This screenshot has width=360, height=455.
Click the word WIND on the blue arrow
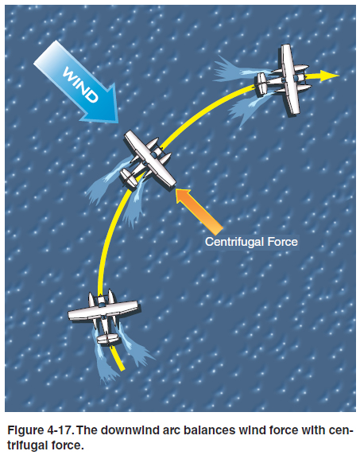click(x=80, y=84)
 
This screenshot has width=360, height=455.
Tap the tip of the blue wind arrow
click(x=118, y=122)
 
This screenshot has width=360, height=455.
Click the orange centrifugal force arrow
click(x=199, y=211)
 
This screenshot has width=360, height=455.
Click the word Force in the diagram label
click(x=282, y=242)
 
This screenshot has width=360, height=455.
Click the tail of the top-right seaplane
click(x=261, y=84)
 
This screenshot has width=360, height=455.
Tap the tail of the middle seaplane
click(x=128, y=177)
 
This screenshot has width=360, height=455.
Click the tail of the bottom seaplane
click(x=107, y=339)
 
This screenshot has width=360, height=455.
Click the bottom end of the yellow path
click(x=122, y=370)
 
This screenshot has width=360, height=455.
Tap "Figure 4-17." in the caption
click(x=40, y=430)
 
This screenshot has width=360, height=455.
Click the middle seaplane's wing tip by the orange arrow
click(x=173, y=185)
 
